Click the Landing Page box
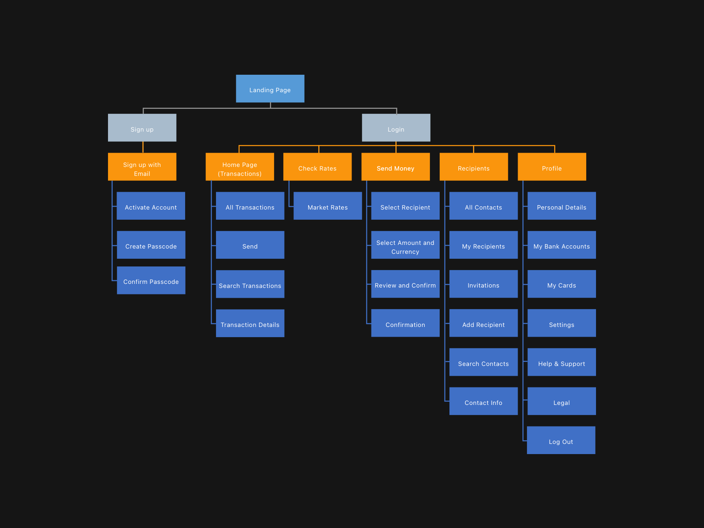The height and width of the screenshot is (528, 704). click(x=270, y=89)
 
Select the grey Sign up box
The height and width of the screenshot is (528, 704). click(x=142, y=128)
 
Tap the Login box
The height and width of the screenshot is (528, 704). click(x=396, y=128)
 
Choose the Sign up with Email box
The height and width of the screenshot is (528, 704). click(x=142, y=167)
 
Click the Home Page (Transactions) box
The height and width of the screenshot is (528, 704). click(x=240, y=167)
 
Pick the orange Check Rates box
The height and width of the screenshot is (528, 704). click(x=317, y=167)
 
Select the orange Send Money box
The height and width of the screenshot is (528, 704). click(x=395, y=167)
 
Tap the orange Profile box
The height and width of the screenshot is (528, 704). click(x=552, y=167)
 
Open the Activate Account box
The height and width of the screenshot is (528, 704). click(x=151, y=206)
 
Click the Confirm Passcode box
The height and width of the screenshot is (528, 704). click(x=151, y=280)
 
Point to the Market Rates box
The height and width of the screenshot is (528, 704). click(x=328, y=206)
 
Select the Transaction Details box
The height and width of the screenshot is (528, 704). click(x=250, y=323)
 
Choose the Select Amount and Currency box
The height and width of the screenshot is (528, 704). click(x=405, y=245)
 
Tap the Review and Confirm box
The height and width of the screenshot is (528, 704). click(x=405, y=284)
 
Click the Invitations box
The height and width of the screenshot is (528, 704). click(x=484, y=284)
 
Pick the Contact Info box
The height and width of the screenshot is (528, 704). click(x=484, y=401)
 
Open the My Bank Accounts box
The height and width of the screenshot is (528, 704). click(x=561, y=245)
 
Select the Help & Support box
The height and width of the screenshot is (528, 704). click(x=561, y=362)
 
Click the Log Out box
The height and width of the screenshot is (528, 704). click(x=561, y=440)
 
